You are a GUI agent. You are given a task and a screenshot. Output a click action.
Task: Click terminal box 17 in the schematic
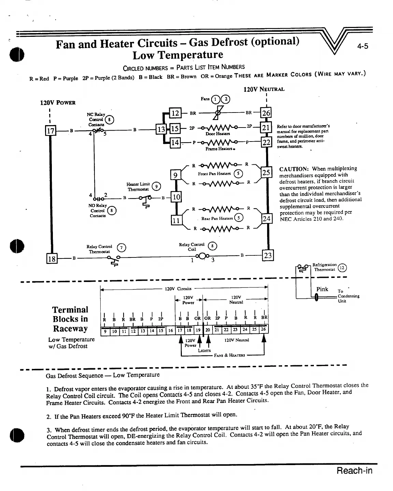point(50,130)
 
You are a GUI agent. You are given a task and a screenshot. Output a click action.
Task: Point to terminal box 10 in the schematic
point(176,197)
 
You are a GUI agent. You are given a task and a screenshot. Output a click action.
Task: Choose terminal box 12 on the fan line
point(175,113)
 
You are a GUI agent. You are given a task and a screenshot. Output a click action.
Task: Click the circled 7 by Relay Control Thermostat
point(120,248)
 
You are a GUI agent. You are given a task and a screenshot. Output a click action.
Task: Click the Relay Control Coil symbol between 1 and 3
point(202,256)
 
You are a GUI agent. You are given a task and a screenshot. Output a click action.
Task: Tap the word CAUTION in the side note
point(294,169)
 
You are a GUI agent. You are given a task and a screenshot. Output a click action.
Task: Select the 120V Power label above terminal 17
point(58,102)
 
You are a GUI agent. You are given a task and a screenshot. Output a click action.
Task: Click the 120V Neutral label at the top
point(264,89)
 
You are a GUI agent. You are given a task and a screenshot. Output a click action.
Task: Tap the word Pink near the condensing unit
point(322,289)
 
